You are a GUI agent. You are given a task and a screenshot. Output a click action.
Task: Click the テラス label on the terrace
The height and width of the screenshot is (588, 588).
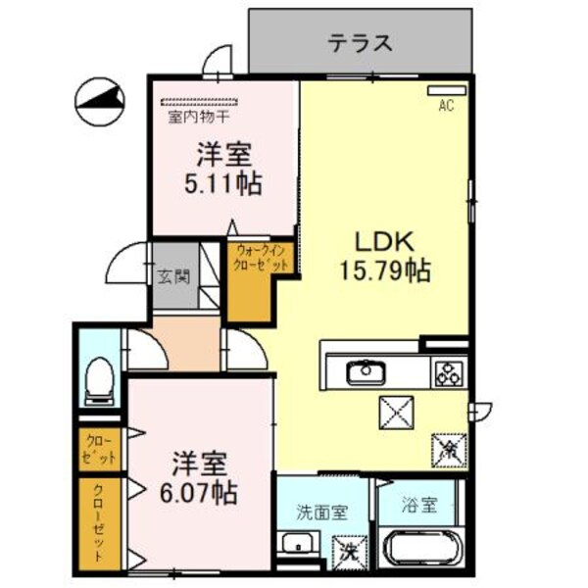[361, 42]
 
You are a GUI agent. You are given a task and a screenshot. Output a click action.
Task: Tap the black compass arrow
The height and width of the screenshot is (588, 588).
[102, 99]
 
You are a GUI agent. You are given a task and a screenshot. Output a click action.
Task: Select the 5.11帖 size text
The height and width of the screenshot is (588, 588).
[223, 183]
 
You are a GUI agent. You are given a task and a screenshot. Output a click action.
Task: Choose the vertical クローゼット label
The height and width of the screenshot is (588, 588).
[100, 523]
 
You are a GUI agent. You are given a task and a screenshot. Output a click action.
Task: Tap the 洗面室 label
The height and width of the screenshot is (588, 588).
[321, 511]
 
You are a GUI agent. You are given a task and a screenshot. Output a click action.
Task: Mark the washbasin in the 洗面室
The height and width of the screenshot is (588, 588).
[295, 545]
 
